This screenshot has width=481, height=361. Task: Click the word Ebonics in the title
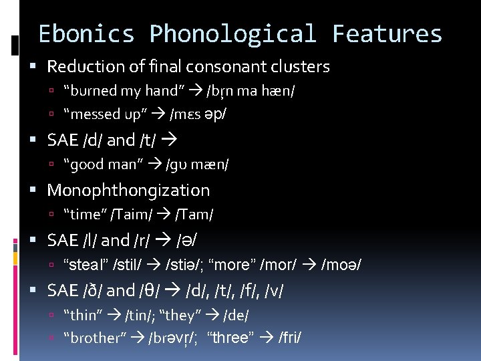point(86,33)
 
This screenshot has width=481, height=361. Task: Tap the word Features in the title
point(387,33)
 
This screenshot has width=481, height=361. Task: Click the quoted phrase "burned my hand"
point(124,90)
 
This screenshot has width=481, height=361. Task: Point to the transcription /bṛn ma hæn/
point(251,90)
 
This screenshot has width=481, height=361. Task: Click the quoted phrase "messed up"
point(104,114)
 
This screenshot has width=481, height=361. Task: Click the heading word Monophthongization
point(128,191)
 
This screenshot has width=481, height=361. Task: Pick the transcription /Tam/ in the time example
point(194,214)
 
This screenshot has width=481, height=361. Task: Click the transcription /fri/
point(291,338)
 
